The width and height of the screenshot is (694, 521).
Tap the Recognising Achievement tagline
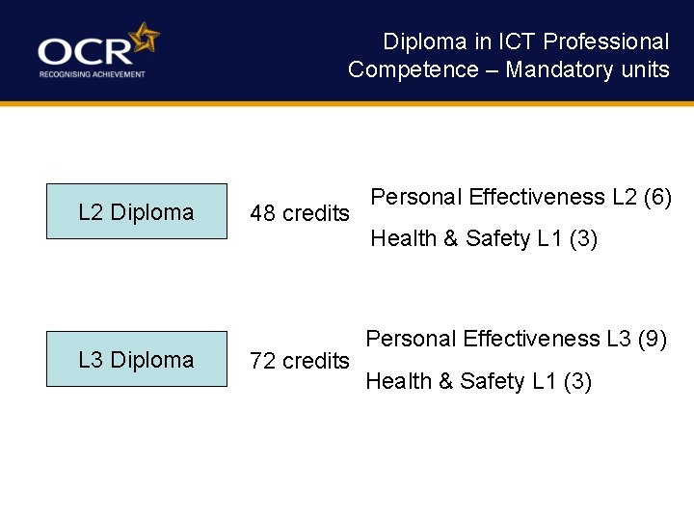(x=92, y=74)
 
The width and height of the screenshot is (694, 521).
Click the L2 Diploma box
(x=136, y=211)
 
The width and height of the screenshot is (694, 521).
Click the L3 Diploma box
(x=136, y=359)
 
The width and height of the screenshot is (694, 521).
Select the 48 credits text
(x=299, y=213)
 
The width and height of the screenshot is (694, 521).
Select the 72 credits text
(x=299, y=361)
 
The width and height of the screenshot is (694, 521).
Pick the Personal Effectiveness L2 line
(x=520, y=197)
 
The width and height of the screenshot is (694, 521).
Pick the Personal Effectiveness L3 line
(x=516, y=339)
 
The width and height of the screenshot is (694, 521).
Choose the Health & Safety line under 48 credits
(x=484, y=238)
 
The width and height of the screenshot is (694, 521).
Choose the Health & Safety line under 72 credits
(x=478, y=381)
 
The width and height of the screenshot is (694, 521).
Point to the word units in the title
(x=646, y=69)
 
